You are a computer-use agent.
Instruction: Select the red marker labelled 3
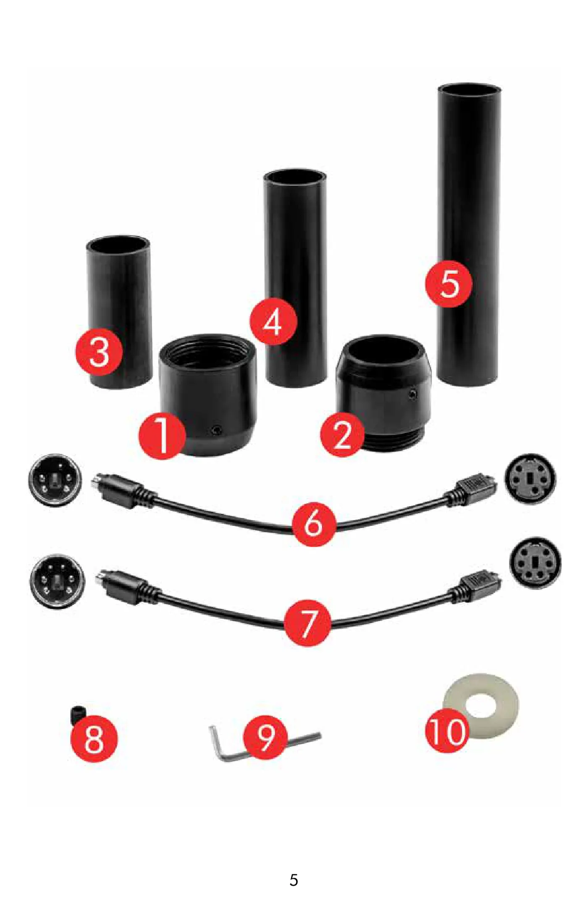pos(99,352)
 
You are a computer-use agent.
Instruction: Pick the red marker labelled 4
pos(273,322)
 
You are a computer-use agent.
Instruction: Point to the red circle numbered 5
pos(449,284)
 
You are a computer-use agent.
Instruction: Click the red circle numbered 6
pos(314,524)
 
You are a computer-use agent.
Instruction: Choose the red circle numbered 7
pos(307,623)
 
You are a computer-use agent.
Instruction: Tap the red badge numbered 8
pos(94,738)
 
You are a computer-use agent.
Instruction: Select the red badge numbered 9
pos(266,737)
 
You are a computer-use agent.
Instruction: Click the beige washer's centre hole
pos(482,705)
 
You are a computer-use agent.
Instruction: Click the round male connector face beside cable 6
pos(55,480)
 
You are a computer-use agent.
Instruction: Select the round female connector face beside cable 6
pos(530,478)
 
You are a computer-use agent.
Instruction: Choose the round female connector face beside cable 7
pos(535,563)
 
